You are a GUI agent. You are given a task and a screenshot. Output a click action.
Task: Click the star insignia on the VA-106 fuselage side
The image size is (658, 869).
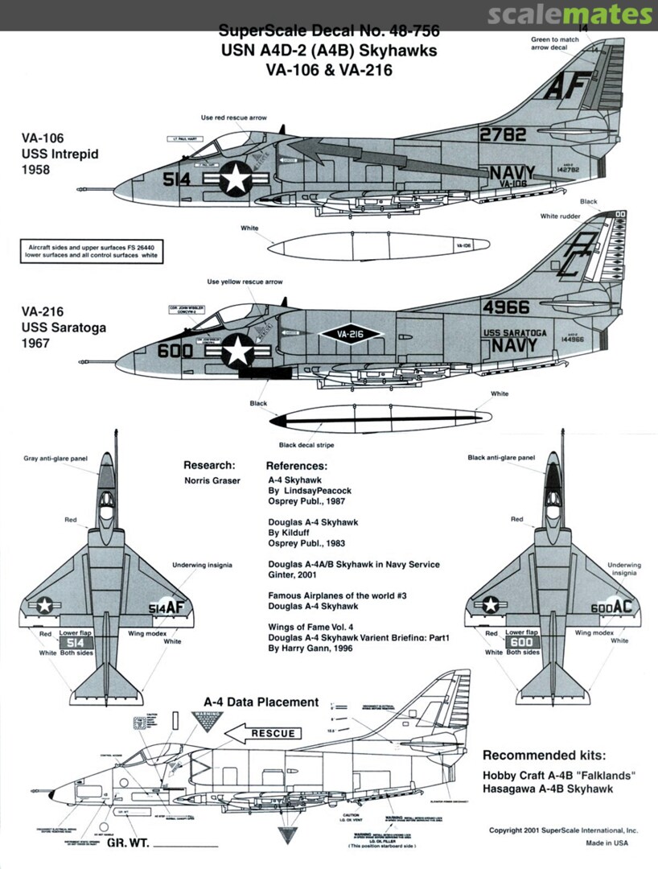[236, 178]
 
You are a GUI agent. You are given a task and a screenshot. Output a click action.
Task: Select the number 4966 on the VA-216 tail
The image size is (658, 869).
[507, 307]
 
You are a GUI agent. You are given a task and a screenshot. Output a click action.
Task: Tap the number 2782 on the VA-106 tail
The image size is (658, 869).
[504, 134]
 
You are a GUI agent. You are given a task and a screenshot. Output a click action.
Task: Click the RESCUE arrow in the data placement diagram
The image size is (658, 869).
[261, 733]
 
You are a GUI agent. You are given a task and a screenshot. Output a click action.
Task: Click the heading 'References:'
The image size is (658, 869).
[296, 466]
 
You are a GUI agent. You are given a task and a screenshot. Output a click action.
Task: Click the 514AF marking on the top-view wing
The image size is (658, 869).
[167, 609]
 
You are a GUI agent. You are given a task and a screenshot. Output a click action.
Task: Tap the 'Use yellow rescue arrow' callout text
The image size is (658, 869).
[245, 282]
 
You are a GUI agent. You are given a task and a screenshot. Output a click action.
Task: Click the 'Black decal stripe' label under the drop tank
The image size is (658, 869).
[306, 445]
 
